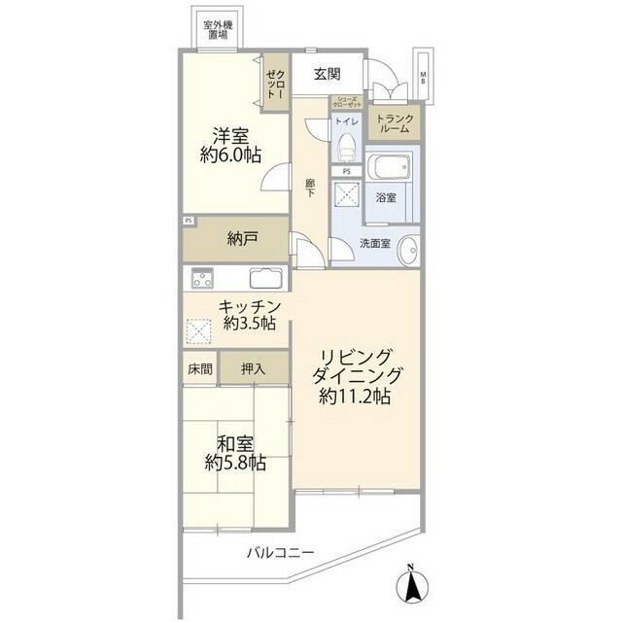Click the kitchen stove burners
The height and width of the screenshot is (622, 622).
tap(204, 278)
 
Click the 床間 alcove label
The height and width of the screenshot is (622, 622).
tap(197, 369)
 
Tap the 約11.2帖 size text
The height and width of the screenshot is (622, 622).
tap(356, 397)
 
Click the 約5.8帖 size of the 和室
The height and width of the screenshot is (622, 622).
tap(235, 463)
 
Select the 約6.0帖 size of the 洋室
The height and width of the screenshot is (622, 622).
tap(228, 154)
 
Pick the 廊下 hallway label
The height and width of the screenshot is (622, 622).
tap(310, 187)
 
